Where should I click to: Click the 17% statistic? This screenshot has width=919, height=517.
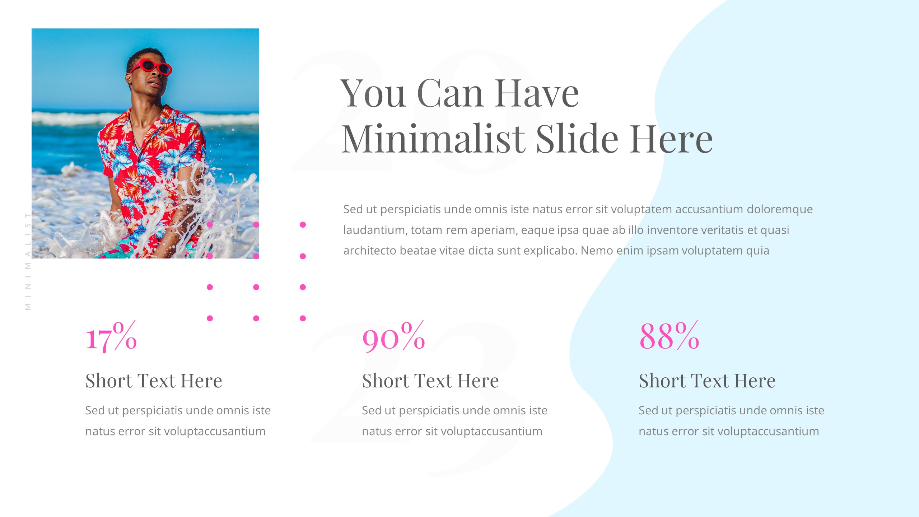click(111, 336)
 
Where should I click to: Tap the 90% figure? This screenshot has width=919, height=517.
click(393, 336)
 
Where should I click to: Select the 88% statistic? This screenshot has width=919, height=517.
click(669, 336)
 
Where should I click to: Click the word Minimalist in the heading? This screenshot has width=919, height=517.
click(433, 139)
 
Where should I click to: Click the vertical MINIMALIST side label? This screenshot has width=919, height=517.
click(28, 261)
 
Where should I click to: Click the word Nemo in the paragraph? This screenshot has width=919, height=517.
click(596, 251)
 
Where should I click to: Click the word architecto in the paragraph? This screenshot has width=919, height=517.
click(370, 251)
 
